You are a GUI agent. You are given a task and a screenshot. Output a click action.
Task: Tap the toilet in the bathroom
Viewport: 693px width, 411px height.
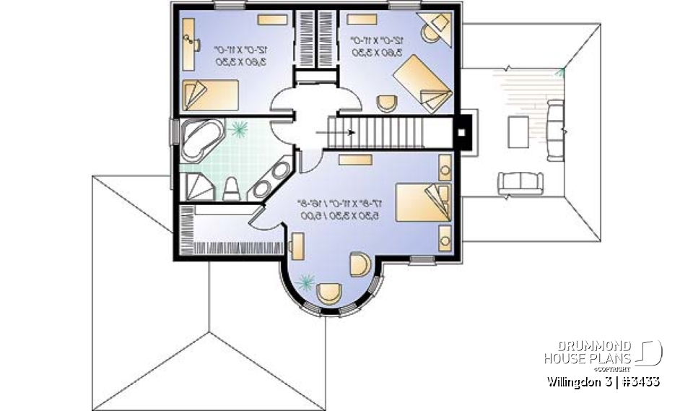click(x=231, y=189)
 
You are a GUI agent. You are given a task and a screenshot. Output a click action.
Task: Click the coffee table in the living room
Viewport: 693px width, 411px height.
click(x=519, y=130)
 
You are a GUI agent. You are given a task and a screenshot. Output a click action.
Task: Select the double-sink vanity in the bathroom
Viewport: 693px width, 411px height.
click(x=271, y=179)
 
